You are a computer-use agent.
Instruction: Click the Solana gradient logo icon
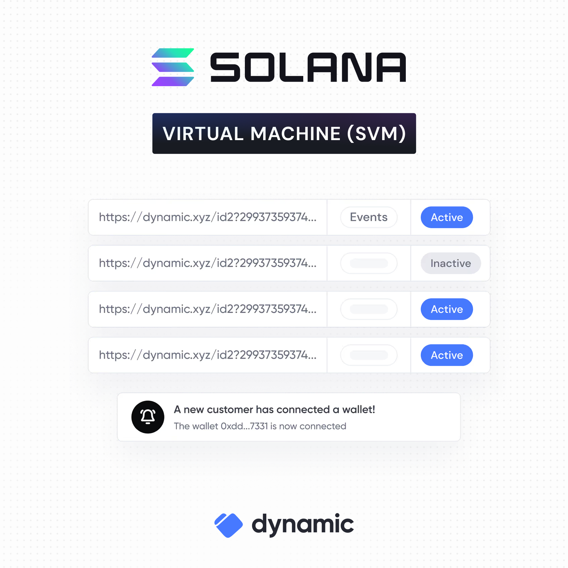[173, 67]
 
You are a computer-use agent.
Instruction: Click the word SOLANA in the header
[308, 67]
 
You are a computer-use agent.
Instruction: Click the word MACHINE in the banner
[295, 133]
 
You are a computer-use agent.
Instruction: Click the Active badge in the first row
[447, 217]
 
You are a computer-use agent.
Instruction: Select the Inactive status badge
[451, 263]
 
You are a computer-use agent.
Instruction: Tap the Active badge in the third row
[447, 309]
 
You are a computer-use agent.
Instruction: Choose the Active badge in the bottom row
[447, 355]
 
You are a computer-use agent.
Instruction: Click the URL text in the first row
[207, 217]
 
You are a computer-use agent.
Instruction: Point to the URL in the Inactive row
[207, 263]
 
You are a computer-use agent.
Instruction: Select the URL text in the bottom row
[207, 355]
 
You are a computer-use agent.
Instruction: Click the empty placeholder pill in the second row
[369, 263]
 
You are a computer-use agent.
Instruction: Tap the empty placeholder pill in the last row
[369, 355]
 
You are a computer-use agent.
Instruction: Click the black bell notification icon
[148, 417]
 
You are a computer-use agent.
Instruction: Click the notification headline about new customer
[274, 410]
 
